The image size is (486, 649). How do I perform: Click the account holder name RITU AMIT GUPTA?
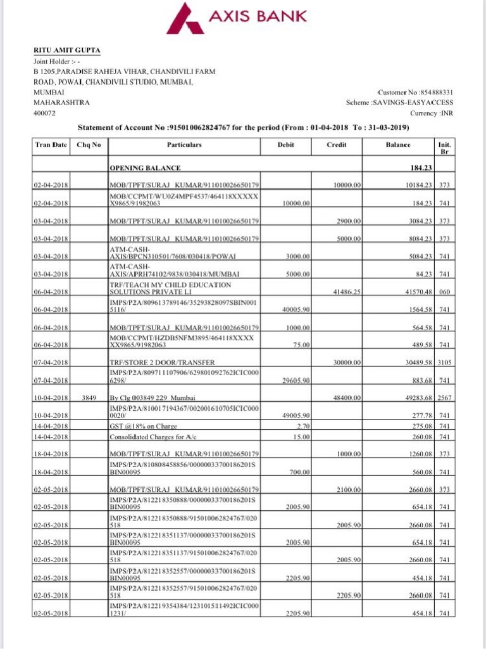point(66,51)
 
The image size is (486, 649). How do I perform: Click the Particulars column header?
point(184,145)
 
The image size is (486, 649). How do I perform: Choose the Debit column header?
point(285,145)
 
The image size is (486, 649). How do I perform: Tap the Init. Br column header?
point(444,148)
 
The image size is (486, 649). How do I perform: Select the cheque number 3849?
point(89,398)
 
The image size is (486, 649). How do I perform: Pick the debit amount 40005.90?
point(294,309)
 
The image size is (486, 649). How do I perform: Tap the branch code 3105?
point(444,362)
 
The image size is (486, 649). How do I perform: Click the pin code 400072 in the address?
point(45,113)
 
